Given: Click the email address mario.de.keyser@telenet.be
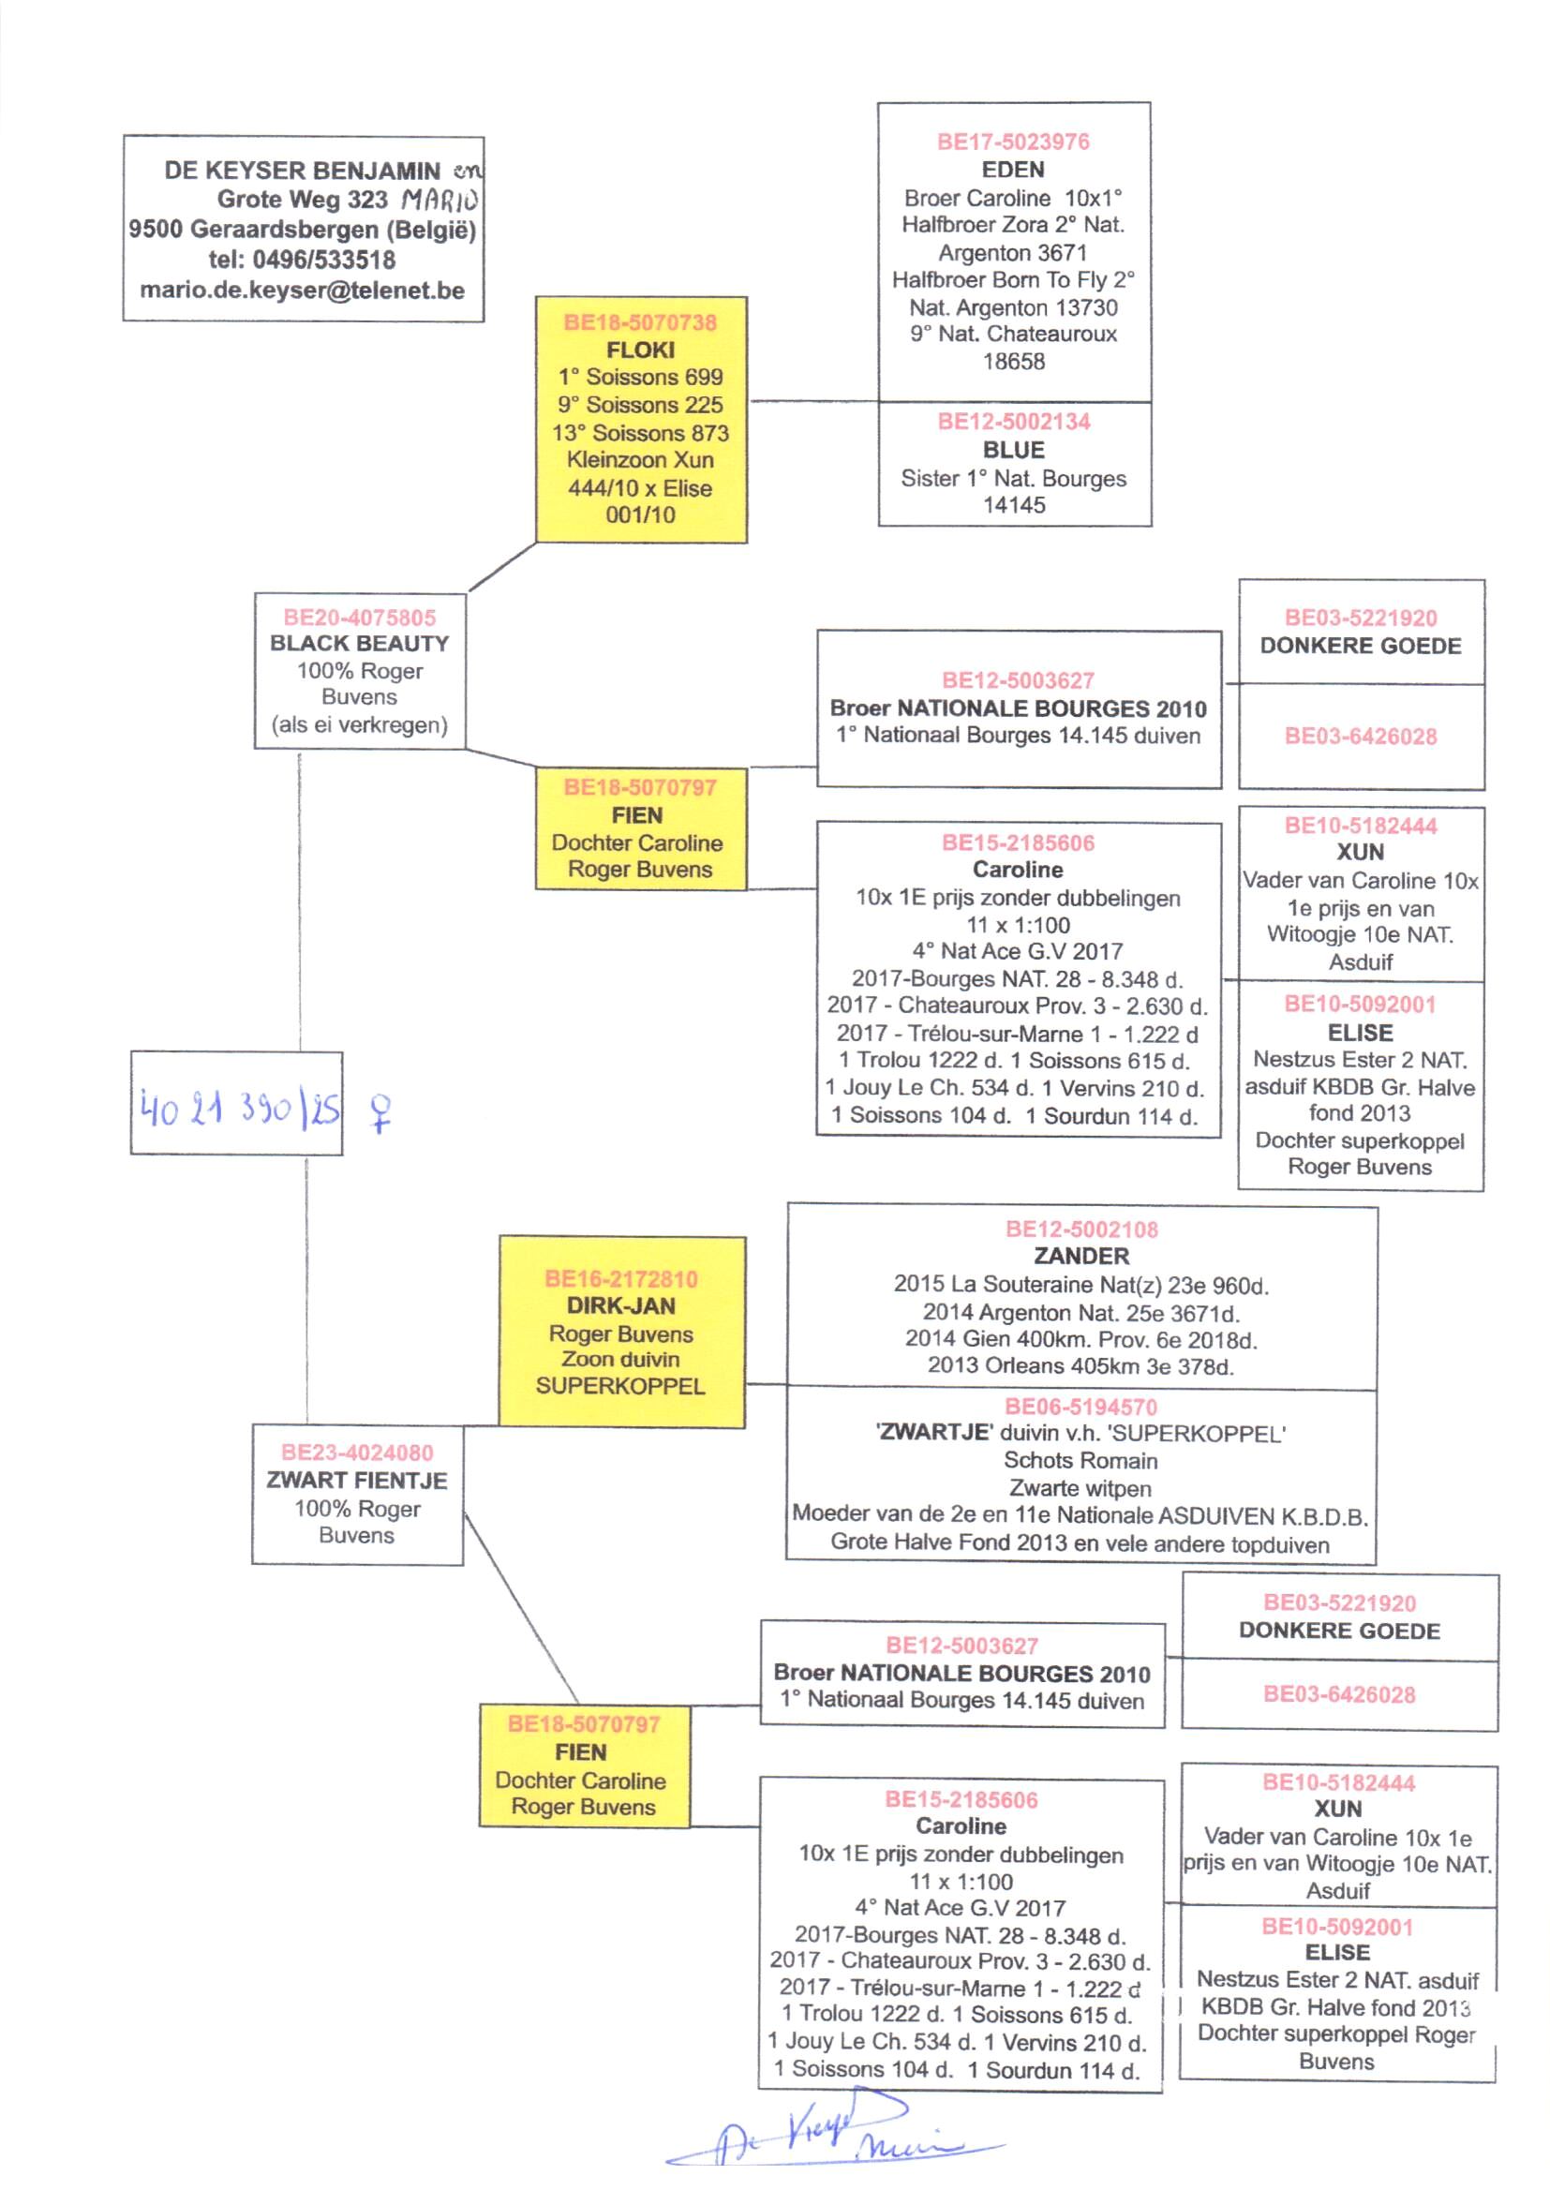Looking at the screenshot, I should tap(302, 291).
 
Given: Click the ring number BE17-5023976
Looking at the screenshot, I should tap(1013, 142).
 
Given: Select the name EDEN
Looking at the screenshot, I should tap(1013, 170).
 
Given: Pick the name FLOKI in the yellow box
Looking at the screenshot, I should tap(639, 350).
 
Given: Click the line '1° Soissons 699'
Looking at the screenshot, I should tap(639, 377).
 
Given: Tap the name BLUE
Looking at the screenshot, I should tap(1013, 450).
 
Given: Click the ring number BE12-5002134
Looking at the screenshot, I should tap(1013, 422).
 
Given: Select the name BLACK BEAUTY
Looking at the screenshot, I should tap(359, 643).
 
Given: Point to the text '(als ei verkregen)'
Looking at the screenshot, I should tap(359, 725).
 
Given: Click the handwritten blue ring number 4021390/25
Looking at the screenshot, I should tap(239, 1109).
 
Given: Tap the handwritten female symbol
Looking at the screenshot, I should tap(380, 1112).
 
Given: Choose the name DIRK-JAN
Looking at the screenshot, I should tap(620, 1305).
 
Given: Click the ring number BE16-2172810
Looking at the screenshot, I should tap(620, 1279).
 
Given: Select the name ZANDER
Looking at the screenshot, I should tap(1081, 1256).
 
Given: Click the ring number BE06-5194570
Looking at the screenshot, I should tap(1081, 1407).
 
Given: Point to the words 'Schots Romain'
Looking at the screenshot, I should tap(1081, 1461).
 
